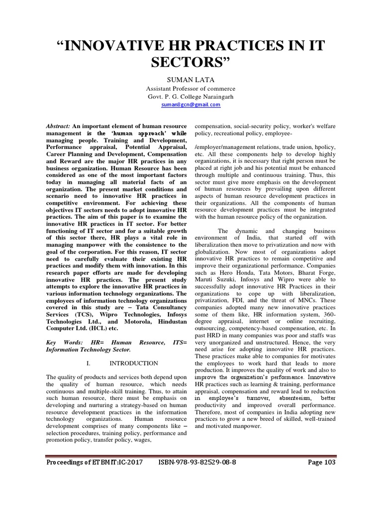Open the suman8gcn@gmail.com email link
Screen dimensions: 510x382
coord(191,105)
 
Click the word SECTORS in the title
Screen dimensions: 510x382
coord(191,63)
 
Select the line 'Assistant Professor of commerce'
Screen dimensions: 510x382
coord(191,89)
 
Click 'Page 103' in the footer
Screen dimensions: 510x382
coord(322,462)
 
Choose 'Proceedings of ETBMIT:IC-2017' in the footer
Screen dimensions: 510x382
coord(94,462)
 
